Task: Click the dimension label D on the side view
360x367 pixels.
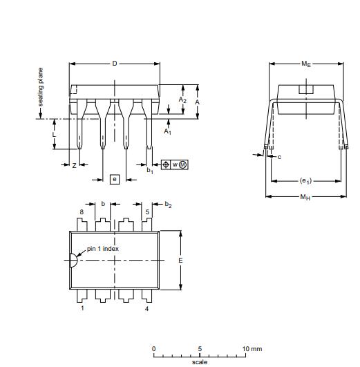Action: (x=115, y=64)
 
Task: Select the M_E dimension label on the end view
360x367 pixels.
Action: (x=305, y=64)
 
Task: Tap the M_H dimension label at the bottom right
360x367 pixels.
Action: (x=305, y=197)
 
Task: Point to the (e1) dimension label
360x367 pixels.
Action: (x=305, y=181)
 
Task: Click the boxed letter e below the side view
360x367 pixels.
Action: (x=115, y=179)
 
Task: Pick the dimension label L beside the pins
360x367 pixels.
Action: (x=64, y=134)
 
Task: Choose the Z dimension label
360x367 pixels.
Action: (x=74, y=165)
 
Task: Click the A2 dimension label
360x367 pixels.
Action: (x=182, y=100)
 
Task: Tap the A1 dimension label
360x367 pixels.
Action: (x=168, y=131)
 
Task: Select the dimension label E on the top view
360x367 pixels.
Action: (x=180, y=261)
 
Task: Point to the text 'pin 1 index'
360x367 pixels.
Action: (x=102, y=248)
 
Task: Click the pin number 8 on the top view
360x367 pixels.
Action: (x=82, y=212)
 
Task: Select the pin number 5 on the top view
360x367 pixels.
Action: (x=147, y=212)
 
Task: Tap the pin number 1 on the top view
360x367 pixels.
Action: (x=82, y=308)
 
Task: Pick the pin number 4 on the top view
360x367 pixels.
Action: (x=146, y=308)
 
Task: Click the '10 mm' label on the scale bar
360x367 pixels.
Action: (x=253, y=348)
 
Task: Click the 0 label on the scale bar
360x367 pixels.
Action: (x=154, y=348)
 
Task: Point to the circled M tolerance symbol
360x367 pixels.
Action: (x=183, y=164)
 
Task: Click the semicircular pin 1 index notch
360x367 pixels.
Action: (x=72, y=261)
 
